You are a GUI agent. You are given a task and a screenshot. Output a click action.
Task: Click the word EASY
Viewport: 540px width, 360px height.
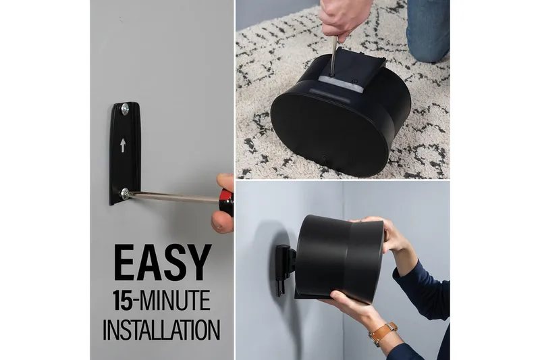(162, 263)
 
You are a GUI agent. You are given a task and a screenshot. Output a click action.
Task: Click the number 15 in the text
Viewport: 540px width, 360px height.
(122, 301)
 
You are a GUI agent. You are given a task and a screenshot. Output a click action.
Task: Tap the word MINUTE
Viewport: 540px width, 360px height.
(175, 301)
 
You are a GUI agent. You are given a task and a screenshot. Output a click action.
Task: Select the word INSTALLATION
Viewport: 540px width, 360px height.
(161, 330)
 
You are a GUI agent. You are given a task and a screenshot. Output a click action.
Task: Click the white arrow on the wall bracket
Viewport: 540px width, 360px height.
(123, 145)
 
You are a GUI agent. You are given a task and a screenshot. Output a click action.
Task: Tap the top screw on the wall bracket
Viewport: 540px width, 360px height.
(125, 109)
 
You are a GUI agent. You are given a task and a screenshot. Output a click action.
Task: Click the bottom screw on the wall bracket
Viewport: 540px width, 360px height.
(125, 194)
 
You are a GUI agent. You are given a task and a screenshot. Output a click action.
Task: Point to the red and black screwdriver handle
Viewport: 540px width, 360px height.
(226, 201)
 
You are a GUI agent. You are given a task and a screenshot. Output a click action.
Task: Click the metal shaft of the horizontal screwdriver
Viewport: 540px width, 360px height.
(174, 197)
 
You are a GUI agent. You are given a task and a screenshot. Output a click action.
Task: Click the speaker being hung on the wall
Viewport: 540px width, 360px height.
(340, 259)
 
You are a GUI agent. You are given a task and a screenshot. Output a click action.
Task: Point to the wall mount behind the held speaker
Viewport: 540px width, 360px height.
(285, 269)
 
